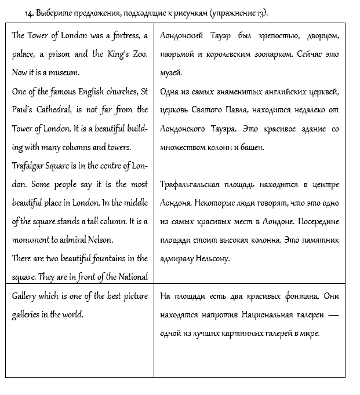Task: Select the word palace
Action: pyautogui.click(x=25, y=54)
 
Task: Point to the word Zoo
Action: pyautogui.click(x=138, y=54)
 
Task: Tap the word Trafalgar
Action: pyautogui.click(x=31, y=166)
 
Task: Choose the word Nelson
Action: pyautogui.click(x=101, y=240)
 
